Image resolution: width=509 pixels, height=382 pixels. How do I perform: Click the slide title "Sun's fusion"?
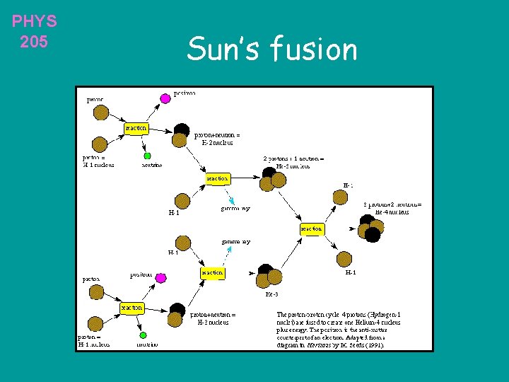click(272, 50)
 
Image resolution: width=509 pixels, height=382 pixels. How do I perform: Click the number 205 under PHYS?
click(34, 42)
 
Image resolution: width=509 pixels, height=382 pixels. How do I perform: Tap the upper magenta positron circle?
click(165, 98)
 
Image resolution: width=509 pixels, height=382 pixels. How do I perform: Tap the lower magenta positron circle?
click(160, 277)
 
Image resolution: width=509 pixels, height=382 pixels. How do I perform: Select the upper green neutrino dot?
click(147, 156)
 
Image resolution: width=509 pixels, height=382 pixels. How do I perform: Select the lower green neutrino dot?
click(143, 335)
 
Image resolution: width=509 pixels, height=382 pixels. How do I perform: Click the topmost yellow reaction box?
click(136, 128)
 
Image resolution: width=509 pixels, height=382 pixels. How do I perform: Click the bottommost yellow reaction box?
click(131, 308)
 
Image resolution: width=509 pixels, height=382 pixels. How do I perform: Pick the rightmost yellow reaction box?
click(311, 228)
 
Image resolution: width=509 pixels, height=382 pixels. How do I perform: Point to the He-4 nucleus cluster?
click(370, 228)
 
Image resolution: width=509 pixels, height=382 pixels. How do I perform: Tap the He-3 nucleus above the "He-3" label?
click(269, 275)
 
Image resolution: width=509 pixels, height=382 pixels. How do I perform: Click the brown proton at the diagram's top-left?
click(101, 112)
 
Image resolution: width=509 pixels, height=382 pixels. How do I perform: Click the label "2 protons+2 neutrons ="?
click(392, 204)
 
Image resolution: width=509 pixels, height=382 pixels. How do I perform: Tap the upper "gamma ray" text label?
click(235, 209)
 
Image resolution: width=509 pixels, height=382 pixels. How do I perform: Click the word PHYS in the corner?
click(34, 21)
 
